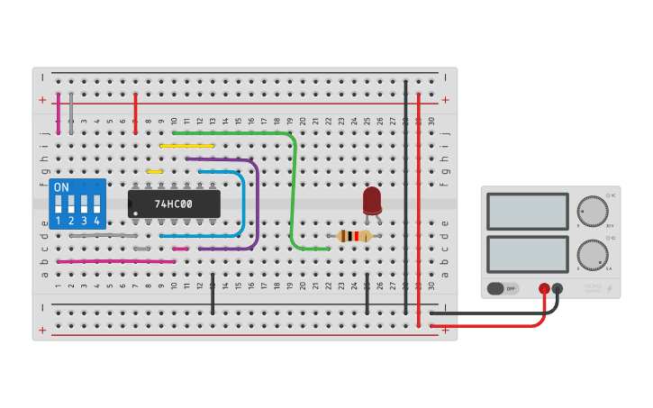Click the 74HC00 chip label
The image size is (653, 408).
coord(173,204)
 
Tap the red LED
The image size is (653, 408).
coord(372,200)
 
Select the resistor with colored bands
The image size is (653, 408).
coord(354,236)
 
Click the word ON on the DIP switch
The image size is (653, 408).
coord(61,187)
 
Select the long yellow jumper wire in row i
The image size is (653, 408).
coord(187,145)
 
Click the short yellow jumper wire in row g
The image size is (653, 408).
coord(155,171)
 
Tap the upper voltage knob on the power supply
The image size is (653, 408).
coord(592,211)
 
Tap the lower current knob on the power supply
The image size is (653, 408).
coord(592,254)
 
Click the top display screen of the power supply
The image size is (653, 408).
coord(527,211)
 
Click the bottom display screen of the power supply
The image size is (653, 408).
coord(527,254)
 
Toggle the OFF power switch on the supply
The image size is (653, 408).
coord(503,289)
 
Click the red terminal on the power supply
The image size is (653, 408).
coord(544,289)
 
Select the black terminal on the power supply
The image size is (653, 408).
coord(558,289)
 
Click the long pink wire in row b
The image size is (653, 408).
coord(117,261)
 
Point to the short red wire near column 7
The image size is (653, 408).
coord(135,113)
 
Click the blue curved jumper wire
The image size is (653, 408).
coord(242,203)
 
